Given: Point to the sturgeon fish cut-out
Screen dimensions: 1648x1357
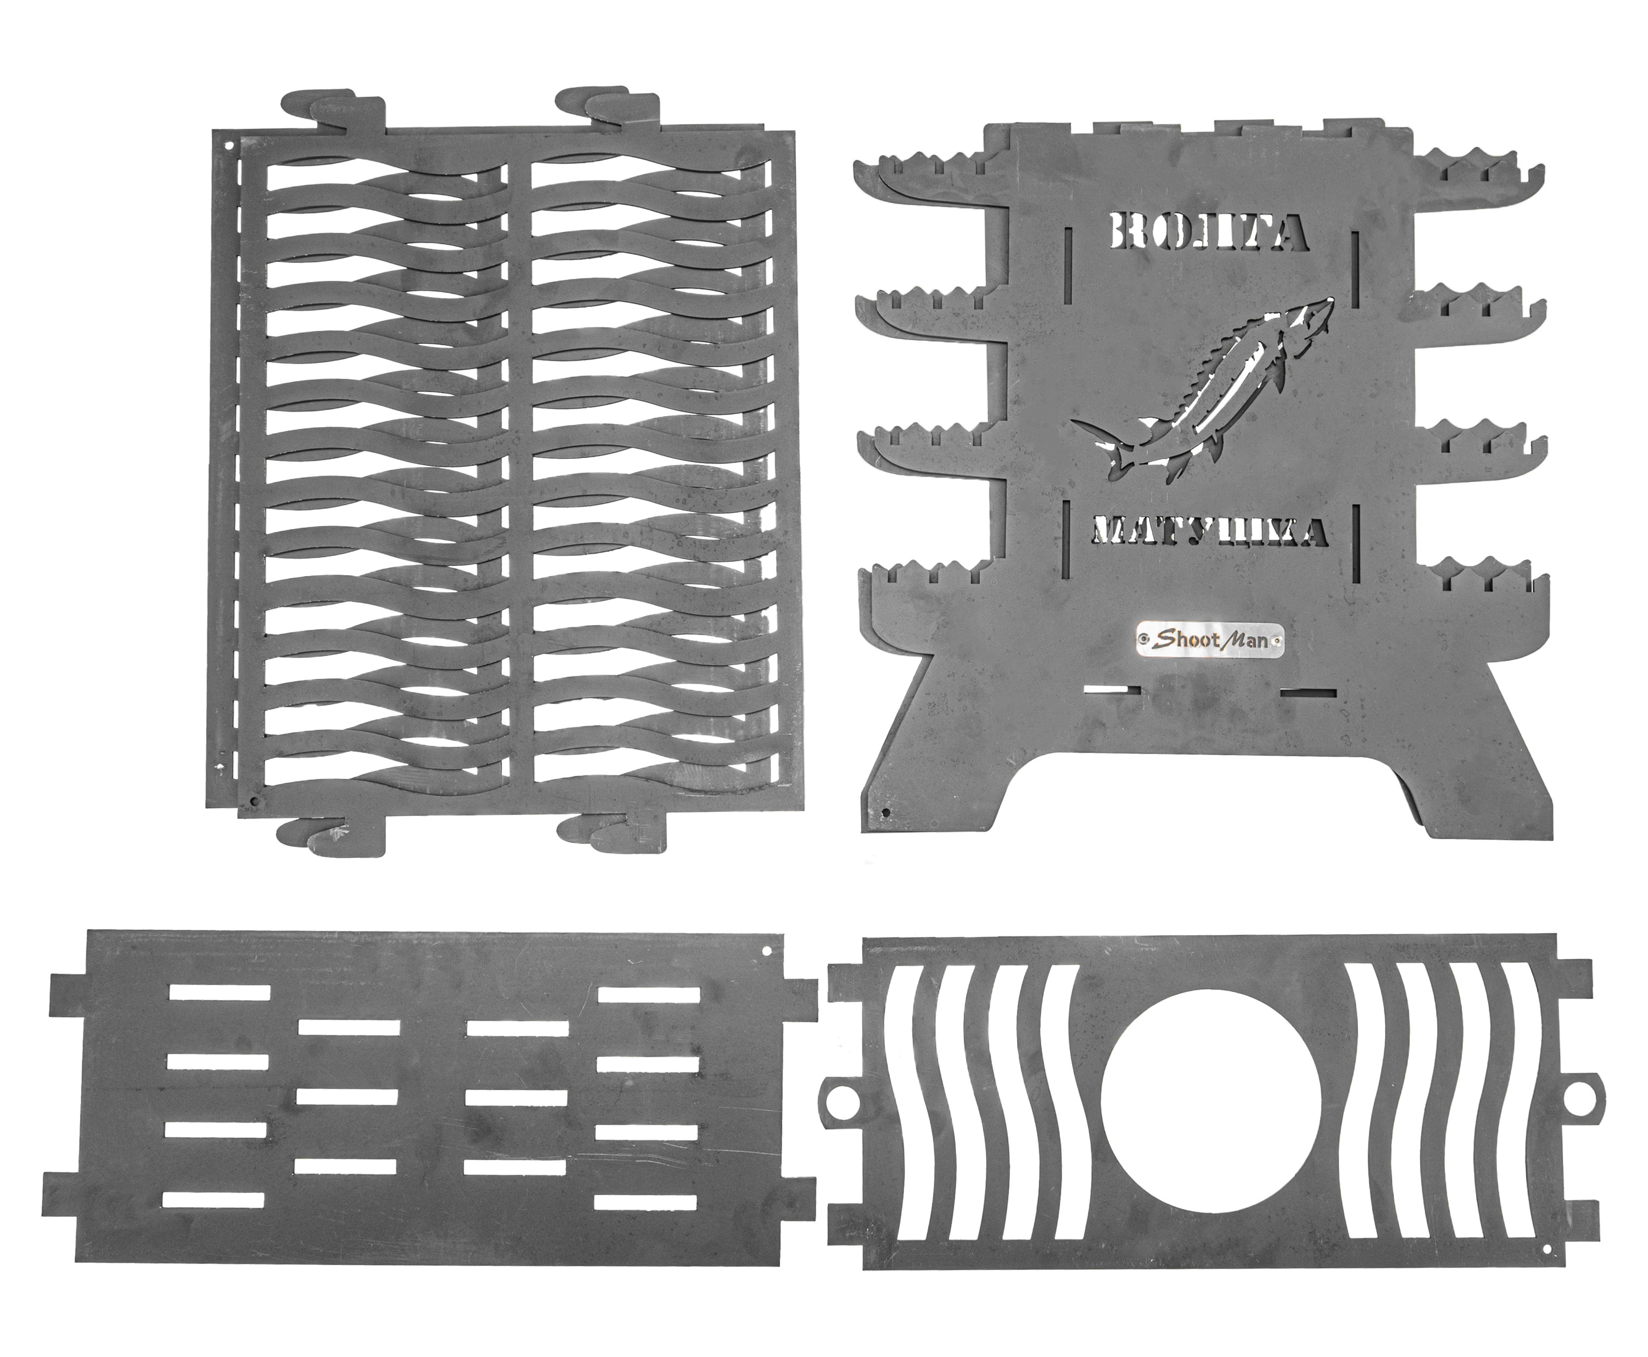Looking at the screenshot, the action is point(1204,388).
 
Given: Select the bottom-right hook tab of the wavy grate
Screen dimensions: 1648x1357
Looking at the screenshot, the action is point(614,832).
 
